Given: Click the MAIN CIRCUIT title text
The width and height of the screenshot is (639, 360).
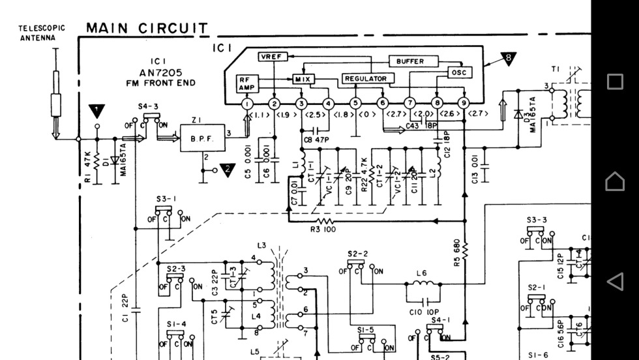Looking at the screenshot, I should (x=147, y=28).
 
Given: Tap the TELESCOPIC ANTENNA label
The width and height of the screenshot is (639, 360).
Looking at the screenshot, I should (x=41, y=33).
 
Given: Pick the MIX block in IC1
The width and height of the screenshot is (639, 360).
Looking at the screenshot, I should (x=303, y=79).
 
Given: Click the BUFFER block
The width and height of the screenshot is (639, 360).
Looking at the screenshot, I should (x=409, y=61).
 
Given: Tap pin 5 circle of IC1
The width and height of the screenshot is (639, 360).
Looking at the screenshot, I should (x=355, y=103).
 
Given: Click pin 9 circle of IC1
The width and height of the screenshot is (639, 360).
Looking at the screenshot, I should (x=464, y=103).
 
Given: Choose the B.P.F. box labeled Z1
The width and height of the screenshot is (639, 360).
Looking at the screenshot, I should (x=202, y=138).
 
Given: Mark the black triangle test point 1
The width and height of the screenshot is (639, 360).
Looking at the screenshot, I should (x=97, y=110).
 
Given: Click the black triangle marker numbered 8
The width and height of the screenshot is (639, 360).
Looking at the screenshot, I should (x=508, y=59).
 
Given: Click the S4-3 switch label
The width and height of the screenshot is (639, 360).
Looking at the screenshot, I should (x=147, y=106).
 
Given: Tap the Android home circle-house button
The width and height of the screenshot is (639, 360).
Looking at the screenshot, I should (x=615, y=181).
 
